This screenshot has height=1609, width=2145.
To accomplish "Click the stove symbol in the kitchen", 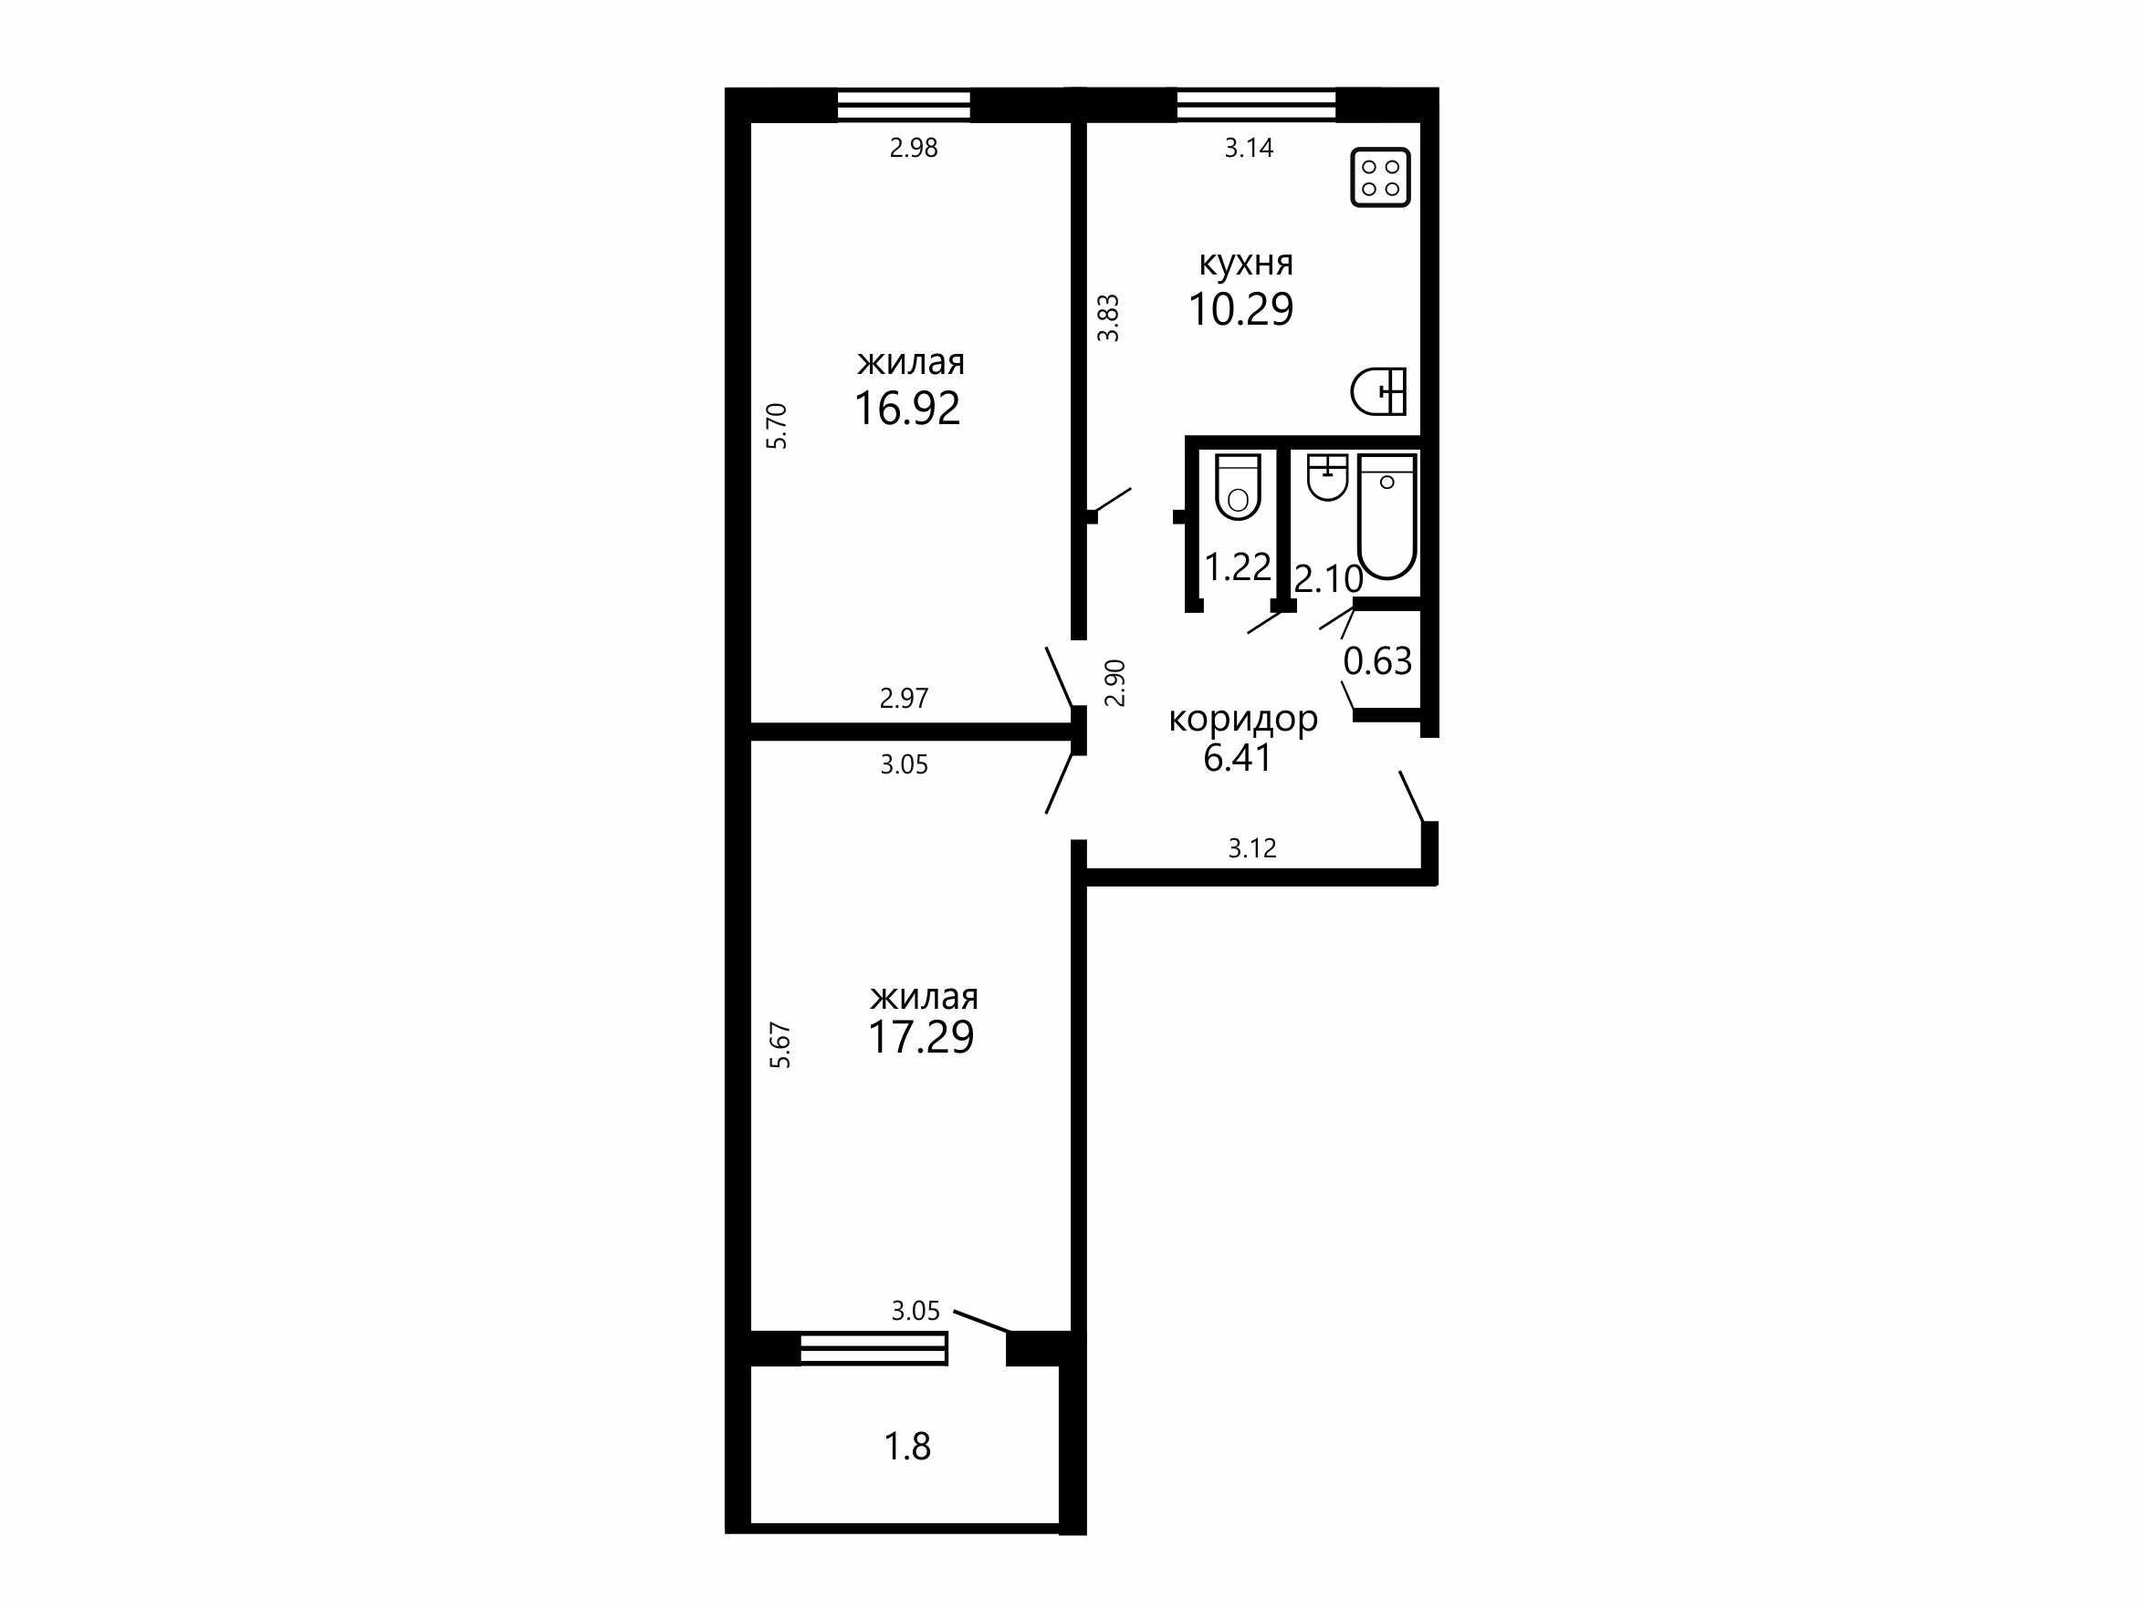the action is click(x=1380, y=177).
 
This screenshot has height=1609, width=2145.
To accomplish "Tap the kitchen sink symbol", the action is click(x=1379, y=391).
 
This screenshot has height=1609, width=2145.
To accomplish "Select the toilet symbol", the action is click(x=1239, y=486).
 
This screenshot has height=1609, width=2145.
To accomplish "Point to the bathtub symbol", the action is click(x=1387, y=516).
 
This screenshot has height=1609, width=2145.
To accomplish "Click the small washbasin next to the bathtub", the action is click(x=1327, y=477).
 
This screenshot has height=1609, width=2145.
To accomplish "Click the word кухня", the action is click(x=1246, y=263).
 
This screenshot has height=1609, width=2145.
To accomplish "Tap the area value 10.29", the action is click(x=1241, y=309).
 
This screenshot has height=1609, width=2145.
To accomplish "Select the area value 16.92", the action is click(x=907, y=408).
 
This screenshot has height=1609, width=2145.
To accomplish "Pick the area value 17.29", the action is click(x=921, y=1037).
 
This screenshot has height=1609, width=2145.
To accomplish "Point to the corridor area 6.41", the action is click(x=1238, y=757).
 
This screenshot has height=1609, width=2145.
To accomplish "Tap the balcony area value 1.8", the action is click(x=907, y=1446).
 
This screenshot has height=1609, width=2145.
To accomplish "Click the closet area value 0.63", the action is click(x=1378, y=661).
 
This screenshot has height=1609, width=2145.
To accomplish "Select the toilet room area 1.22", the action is click(x=1238, y=567).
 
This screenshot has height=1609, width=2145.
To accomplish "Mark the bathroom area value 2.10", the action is click(x=1328, y=579).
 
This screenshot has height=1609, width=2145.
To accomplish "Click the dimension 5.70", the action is click(x=778, y=426).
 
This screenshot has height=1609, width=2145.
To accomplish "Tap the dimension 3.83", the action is click(x=1108, y=318).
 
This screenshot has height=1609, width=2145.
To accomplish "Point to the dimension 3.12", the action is click(x=1253, y=849).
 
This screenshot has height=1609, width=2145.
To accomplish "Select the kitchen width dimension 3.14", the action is click(x=1249, y=149).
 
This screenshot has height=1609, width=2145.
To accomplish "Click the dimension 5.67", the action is click(x=780, y=1046).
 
